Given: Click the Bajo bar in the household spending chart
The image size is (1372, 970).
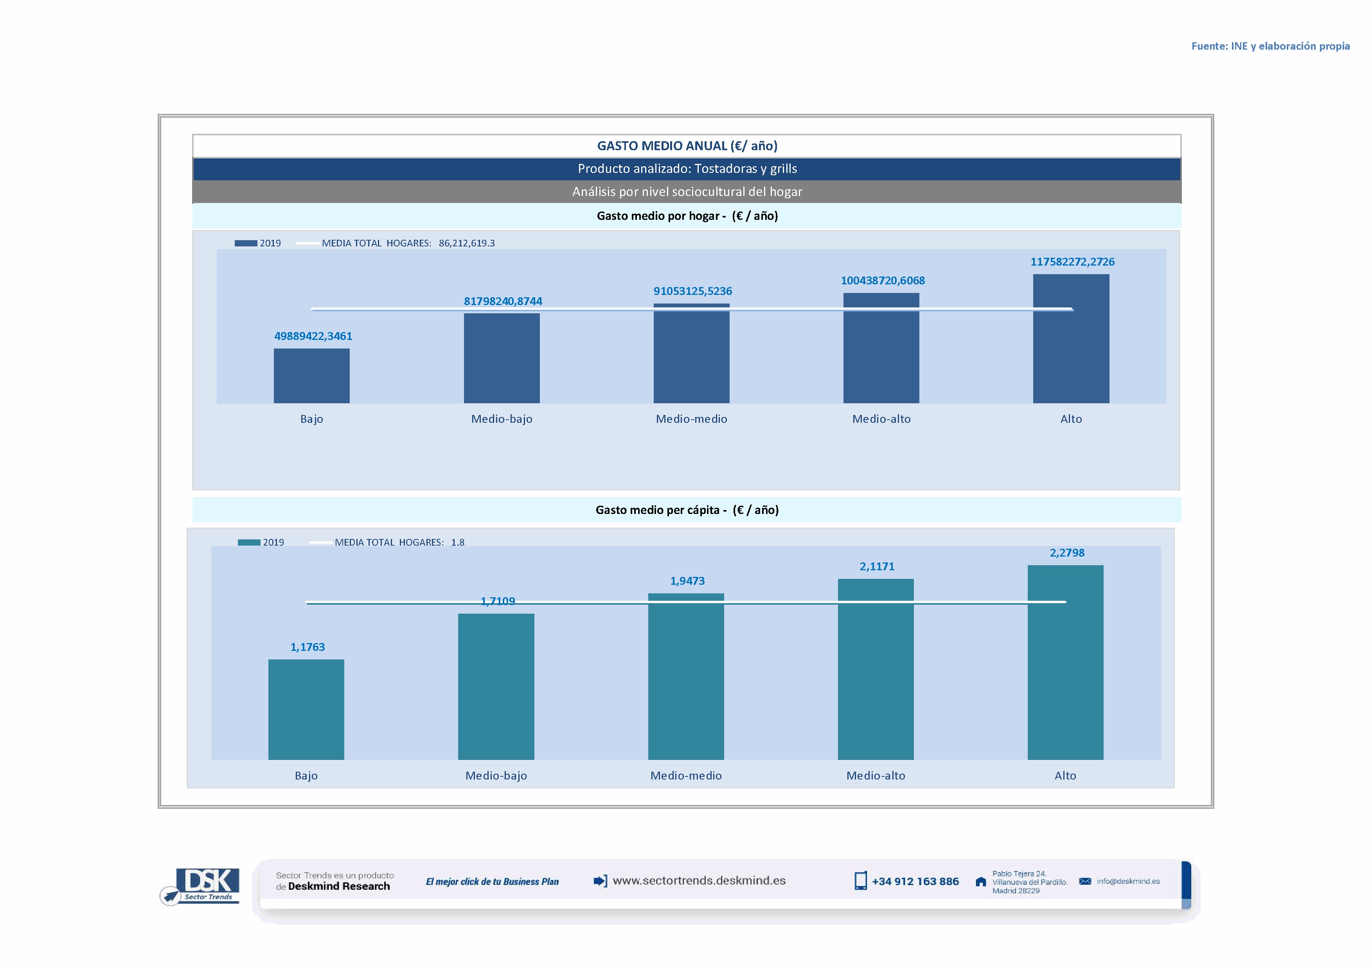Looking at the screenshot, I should point(311,376).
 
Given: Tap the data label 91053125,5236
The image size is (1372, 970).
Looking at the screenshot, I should point(692,291).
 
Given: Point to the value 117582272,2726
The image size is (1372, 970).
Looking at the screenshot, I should point(1072,262).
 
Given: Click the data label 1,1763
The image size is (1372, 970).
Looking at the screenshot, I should point(307,647).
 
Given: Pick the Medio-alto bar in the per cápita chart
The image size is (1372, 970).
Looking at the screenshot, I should point(876,669).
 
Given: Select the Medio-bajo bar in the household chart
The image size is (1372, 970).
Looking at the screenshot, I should point(502,358).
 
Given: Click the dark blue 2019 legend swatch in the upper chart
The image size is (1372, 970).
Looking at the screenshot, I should point(246,243).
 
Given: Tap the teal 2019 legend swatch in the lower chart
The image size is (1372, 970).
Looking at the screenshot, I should point(248,542).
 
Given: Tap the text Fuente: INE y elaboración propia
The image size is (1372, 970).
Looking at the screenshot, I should point(1270,46).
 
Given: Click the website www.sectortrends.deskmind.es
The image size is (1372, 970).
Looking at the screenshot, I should point(699,880).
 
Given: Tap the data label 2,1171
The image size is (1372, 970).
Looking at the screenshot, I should point(877,567).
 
